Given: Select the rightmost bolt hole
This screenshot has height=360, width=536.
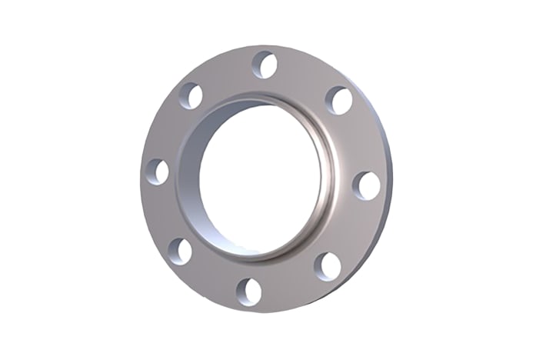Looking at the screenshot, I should (367, 185).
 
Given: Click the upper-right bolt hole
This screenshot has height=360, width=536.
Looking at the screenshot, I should (338, 101).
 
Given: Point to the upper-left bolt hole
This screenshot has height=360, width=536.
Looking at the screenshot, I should (191, 97).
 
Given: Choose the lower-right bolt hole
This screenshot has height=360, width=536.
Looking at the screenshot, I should (328, 265).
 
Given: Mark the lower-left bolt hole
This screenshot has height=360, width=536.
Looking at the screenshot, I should (180, 249).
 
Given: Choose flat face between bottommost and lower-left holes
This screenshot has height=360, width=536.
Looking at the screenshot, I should (211, 275).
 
